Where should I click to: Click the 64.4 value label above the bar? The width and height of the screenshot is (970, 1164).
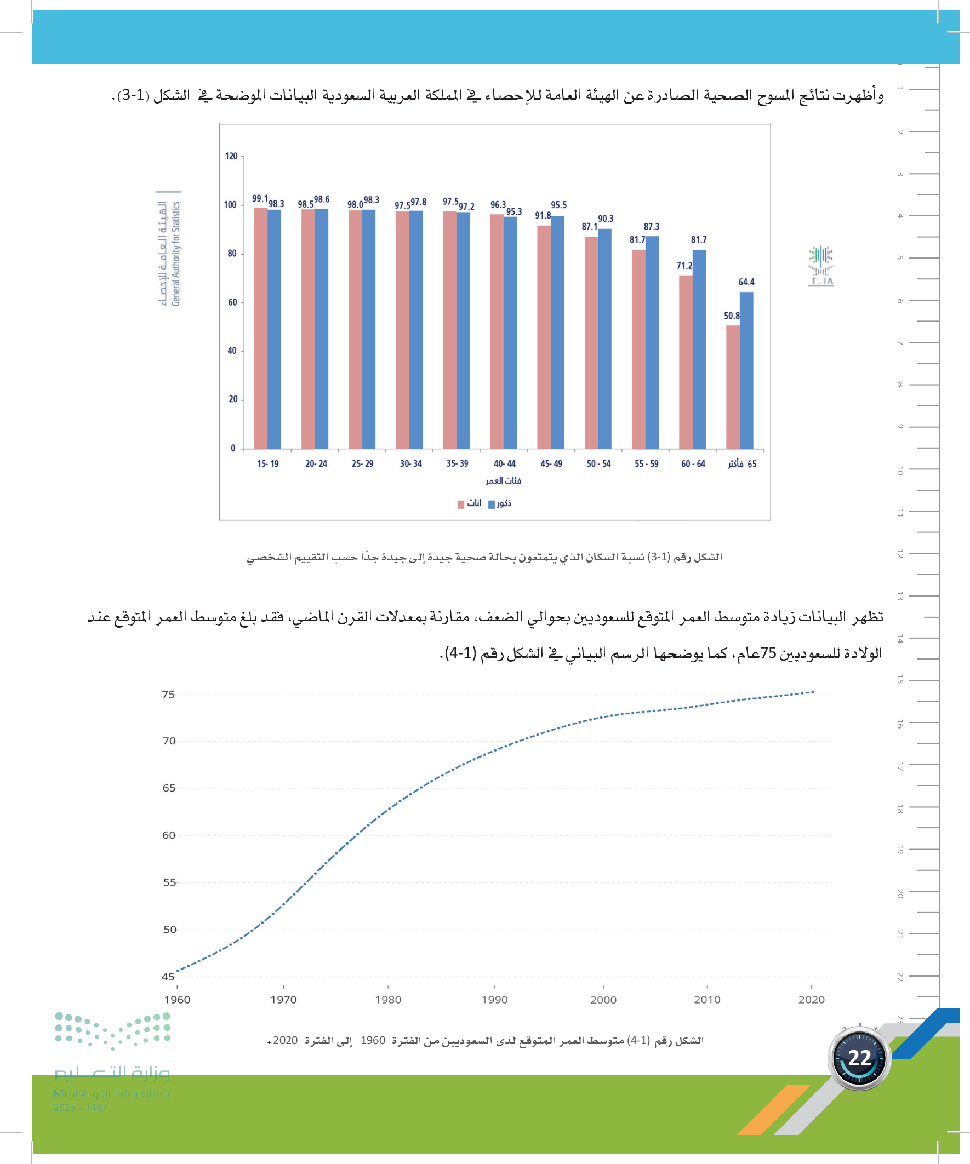[746, 282]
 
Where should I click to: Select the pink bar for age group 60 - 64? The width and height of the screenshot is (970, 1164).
[686, 362]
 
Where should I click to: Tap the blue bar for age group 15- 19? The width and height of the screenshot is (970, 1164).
[274, 329]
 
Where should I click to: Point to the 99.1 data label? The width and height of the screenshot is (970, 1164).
[260, 198]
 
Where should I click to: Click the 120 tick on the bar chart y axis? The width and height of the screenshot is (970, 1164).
[231, 156]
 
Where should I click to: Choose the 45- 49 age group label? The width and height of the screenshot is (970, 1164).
[551, 463]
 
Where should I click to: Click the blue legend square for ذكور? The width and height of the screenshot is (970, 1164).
[492, 504]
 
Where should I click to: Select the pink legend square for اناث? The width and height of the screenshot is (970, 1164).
[460, 504]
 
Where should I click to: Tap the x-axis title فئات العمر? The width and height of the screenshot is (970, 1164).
[503, 480]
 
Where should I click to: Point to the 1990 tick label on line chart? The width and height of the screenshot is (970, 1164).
[494, 1000]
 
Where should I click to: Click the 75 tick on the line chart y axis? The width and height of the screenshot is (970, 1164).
[168, 695]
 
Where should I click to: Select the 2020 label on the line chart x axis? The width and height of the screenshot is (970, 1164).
[811, 1000]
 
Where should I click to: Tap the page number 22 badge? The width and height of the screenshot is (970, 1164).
[859, 1058]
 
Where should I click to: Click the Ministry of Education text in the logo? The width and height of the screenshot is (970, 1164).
[111, 1093]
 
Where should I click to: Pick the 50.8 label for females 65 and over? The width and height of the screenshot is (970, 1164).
[732, 316]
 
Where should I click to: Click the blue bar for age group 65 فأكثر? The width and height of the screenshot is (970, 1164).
[746, 370]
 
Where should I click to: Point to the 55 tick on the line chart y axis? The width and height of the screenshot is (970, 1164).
[169, 882]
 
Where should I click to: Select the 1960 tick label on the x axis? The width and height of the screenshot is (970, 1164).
[177, 1000]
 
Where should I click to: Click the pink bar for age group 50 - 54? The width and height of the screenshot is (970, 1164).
[591, 342]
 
